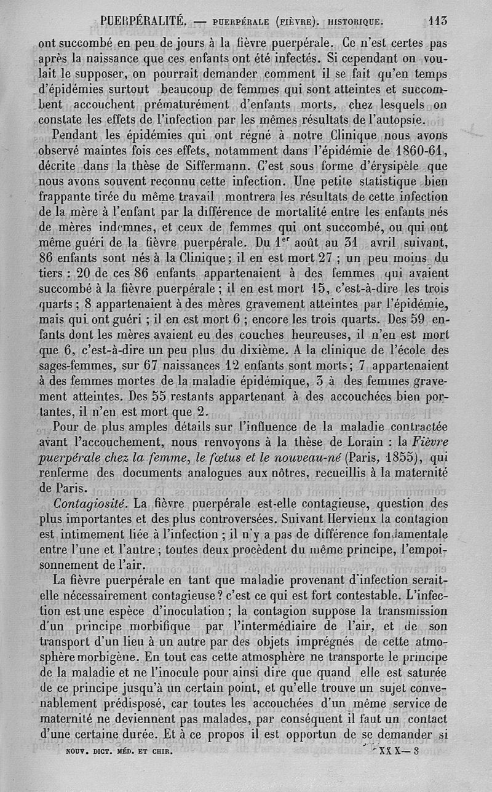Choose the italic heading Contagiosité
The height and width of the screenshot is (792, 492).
[90, 504]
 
